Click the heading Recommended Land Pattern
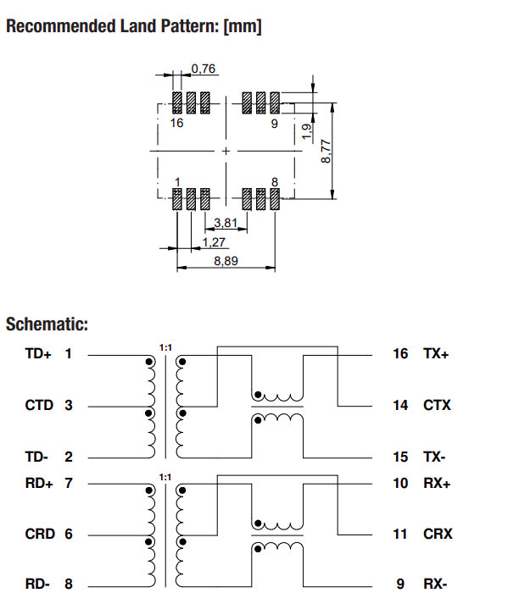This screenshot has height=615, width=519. point(133,26)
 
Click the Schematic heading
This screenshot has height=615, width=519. point(47,324)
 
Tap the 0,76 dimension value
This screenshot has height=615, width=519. point(203,68)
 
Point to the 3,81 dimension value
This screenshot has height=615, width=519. point(225,223)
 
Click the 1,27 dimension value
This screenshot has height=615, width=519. point(214,242)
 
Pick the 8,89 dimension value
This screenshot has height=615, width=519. point(226,262)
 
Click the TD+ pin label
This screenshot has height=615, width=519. point(38,353)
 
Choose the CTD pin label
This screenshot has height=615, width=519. point(39,405)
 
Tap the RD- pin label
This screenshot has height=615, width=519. point(37,585)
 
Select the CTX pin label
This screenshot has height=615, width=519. point(437,405)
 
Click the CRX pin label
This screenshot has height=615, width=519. point(437,534)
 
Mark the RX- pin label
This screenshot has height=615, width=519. point(436,585)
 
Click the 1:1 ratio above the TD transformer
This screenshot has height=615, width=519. point(165,347)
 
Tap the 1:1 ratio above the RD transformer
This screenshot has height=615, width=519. point(165,477)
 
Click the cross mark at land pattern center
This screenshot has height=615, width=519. point(226,151)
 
